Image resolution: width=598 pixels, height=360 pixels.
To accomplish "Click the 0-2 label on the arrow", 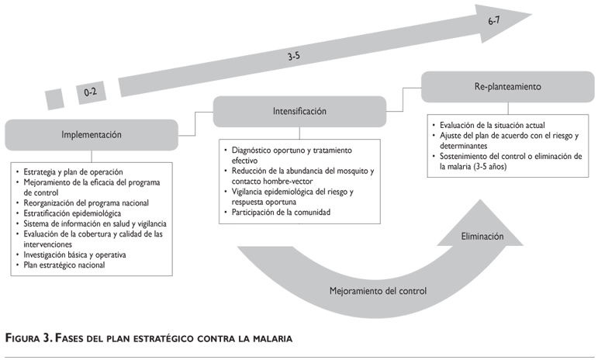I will tap(91, 93).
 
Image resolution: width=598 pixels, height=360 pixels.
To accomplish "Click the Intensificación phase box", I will tap(299, 111).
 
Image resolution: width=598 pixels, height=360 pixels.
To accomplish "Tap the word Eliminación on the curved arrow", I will tap(482, 237).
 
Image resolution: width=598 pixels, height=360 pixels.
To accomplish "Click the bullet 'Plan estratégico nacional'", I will tap(62, 265).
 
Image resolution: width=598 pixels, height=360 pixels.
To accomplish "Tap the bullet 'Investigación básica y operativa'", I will tap(74, 254).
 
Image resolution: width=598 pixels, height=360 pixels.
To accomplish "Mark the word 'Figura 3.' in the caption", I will tap(31, 339).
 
